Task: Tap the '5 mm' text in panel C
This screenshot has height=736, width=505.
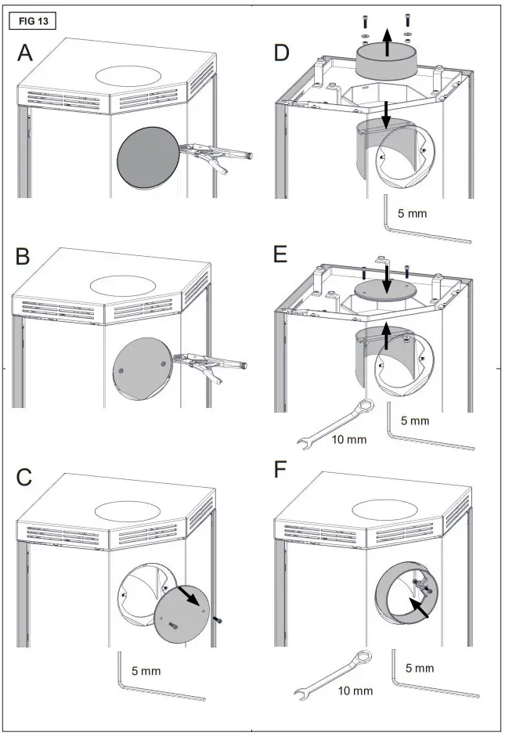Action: coord(146,671)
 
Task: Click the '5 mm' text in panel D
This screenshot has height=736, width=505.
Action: coord(413,212)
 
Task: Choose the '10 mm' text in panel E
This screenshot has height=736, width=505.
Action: coord(348,439)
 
